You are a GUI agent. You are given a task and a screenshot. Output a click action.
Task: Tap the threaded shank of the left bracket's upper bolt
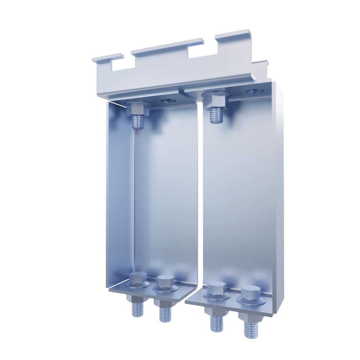(138, 121)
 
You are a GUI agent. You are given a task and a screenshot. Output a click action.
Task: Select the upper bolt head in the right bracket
(215, 100)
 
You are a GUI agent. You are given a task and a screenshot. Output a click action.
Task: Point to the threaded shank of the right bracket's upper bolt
(216, 114)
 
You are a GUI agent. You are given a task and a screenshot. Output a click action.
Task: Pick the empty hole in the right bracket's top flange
(254, 91)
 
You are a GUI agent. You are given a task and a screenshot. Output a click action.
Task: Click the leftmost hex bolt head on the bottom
(137, 280)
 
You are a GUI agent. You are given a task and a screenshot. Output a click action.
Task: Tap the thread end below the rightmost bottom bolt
(251, 328)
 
